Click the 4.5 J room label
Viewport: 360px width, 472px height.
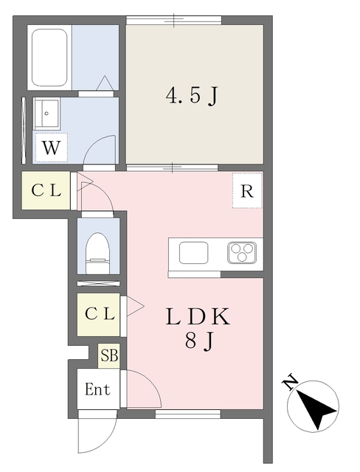(193, 96)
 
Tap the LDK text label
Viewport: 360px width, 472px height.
(198, 317)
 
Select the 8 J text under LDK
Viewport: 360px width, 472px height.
(198, 341)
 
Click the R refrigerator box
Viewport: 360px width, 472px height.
(246, 191)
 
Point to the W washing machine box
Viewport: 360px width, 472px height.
(50, 147)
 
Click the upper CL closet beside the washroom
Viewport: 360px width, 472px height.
(46, 190)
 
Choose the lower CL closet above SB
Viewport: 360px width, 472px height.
(100, 313)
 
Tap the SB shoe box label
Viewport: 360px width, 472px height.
(108, 357)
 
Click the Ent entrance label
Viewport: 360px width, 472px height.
(97, 389)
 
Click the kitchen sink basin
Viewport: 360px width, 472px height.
(193, 254)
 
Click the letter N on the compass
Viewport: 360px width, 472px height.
(291, 381)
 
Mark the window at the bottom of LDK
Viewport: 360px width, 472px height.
(187, 413)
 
